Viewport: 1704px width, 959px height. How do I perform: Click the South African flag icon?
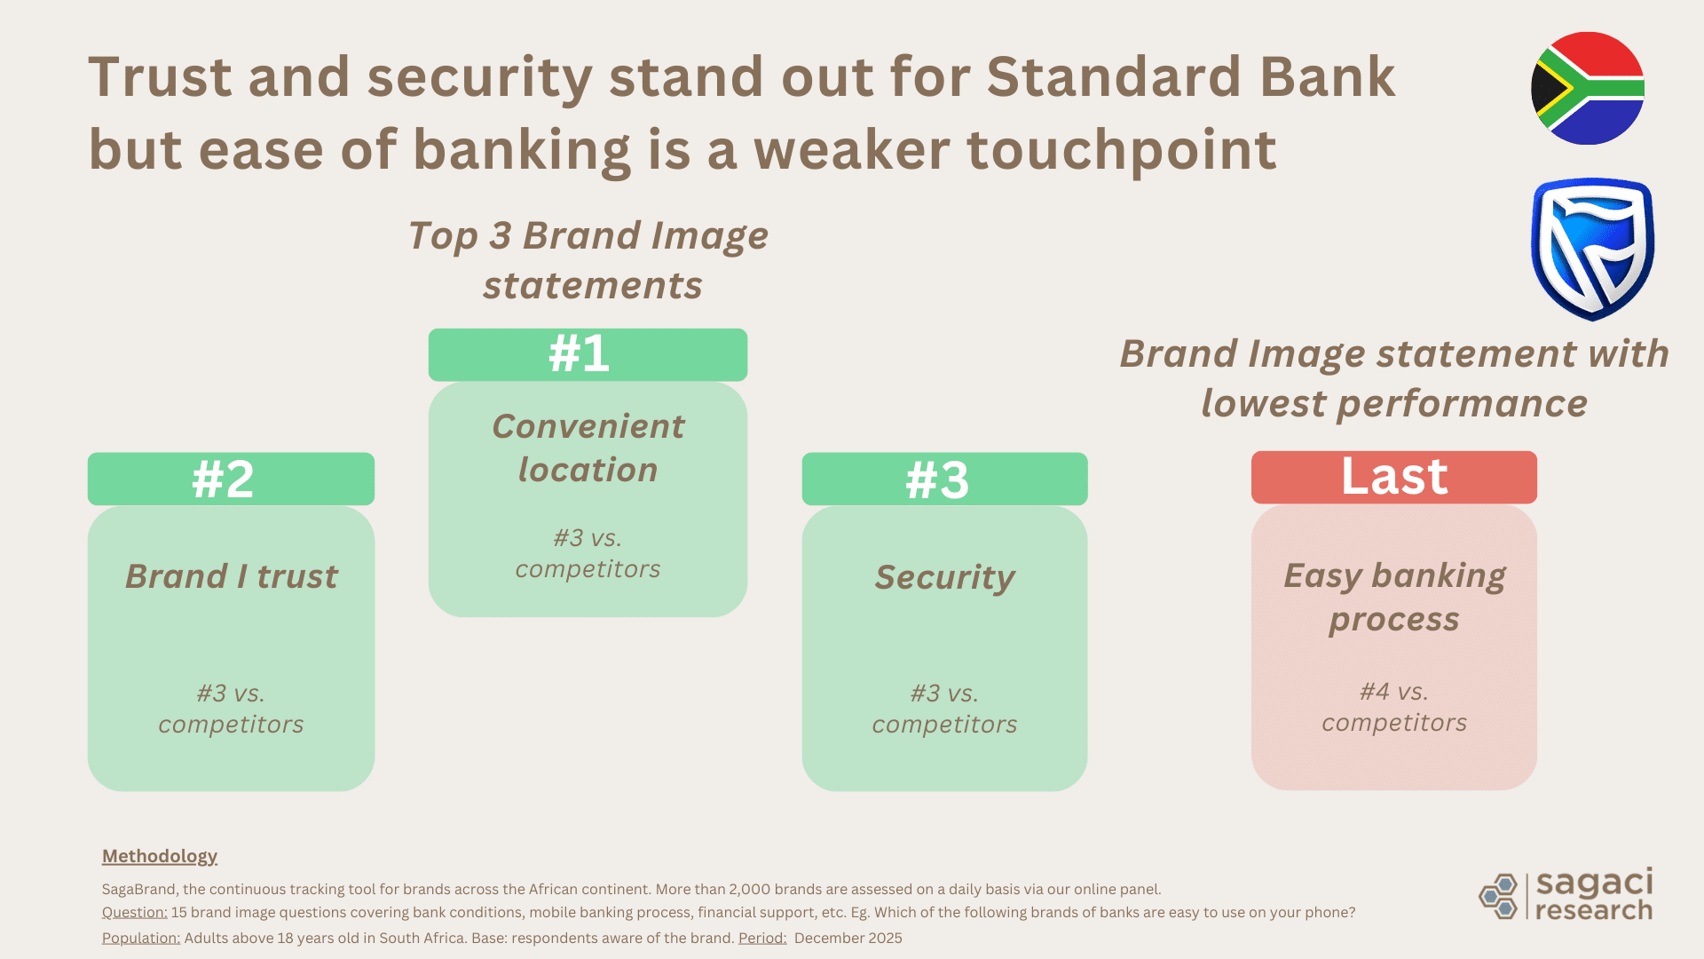pyautogui.click(x=1588, y=89)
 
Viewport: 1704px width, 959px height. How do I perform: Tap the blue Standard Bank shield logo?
pyautogui.click(x=1592, y=250)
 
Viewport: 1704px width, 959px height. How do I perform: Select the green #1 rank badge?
pyautogui.click(x=588, y=354)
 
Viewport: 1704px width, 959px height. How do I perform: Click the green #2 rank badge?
pyautogui.click(x=231, y=479)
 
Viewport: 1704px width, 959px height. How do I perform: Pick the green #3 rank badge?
pyautogui.click(x=944, y=479)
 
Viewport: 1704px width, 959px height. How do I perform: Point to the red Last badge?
pyautogui.click(x=1393, y=477)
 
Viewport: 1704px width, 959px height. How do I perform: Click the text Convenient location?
pyautogui.click(x=588, y=448)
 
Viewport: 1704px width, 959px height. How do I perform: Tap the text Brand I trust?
pyautogui.click(x=231, y=576)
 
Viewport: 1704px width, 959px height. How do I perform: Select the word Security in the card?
pyautogui.click(x=944, y=577)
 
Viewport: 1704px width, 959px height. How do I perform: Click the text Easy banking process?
pyautogui.click(x=1393, y=597)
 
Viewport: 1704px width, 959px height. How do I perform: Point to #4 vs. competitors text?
pyautogui.click(x=1393, y=707)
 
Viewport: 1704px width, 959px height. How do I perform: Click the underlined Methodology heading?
pyautogui.click(x=160, y=856)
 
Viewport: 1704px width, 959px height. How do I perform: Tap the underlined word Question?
pyautogui.click(x=134, y=912)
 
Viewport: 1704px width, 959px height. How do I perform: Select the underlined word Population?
pyautogui.click(x=140, y=938)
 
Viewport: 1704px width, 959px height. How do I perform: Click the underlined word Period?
pyautogui.click(x=762, y=938)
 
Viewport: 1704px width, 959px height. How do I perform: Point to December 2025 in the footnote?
pyautogui.click(x=848, y=938)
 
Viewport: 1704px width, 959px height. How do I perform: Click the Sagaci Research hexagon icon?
pyautogui.click(x=1499, y=896)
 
